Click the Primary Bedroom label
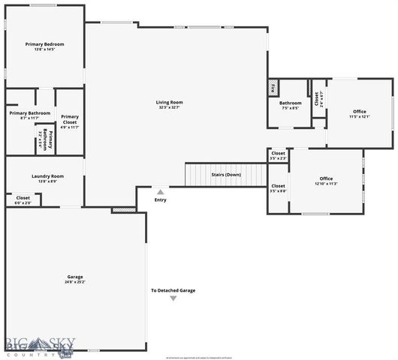tap(44, 45)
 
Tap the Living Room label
tap(169, 103)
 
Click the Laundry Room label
tap(47, 176)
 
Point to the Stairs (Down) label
tap(226, 174)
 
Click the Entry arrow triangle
tap(160, 193)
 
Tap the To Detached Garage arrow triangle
tap(173, 298)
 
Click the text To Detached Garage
tap(173, 290)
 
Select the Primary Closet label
tap(70, 118)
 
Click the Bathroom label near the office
tap(291, 103)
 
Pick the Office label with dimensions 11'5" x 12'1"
tap(360, 112)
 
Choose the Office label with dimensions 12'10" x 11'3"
tap(326, 178)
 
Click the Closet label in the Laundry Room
tap(23, 198)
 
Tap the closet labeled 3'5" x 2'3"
tap(278, 154)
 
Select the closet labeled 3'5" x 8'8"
tap(278, 186)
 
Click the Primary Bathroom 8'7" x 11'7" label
tap(29, 113)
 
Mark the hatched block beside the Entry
tap(123, 210)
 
